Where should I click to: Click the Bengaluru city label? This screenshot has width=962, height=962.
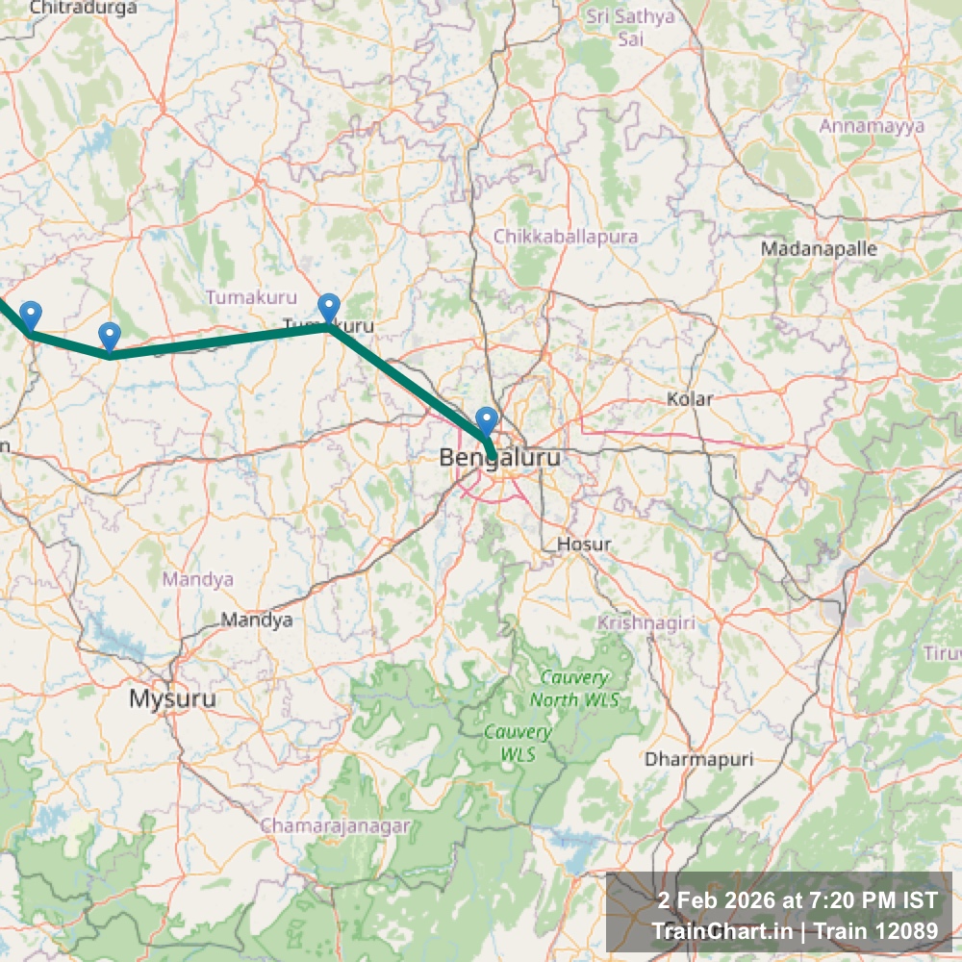[x=498, y=458]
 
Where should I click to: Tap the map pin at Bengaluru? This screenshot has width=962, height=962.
[x=487, y=421]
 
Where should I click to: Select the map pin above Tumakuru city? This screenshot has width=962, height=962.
[x=329, y=308]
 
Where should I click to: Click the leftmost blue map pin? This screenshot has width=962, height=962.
[x=31, y=316]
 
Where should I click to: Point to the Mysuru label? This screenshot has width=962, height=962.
[x=173, y=698]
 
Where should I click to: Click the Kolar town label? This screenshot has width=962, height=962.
[x=691, y=398]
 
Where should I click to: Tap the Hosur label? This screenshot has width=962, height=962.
[x=584, y=544]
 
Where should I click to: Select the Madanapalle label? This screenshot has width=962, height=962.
[x=819, y=248]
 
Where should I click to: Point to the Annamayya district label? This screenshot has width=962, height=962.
[x=872, y=126]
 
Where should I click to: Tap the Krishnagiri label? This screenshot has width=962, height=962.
[x=646, y=623]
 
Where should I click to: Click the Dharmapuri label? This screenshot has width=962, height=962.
[x=698, y=759]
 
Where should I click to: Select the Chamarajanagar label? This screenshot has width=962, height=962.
[x=335, y=825]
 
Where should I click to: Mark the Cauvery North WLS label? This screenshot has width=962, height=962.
[x=574, y=689]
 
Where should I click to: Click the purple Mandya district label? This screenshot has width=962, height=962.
[x=198, y=579]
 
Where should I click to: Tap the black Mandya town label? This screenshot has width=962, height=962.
[x=256, y=620]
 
